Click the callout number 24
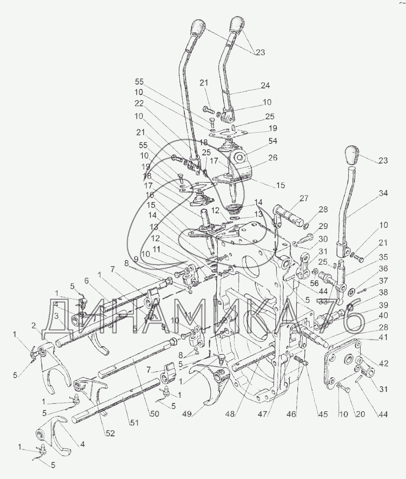(265, 86)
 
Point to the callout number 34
(383, 193)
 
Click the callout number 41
(383, 337)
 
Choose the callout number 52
(110, 433)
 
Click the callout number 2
(34, 326)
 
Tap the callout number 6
(86, 280)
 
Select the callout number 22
(139, 103)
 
